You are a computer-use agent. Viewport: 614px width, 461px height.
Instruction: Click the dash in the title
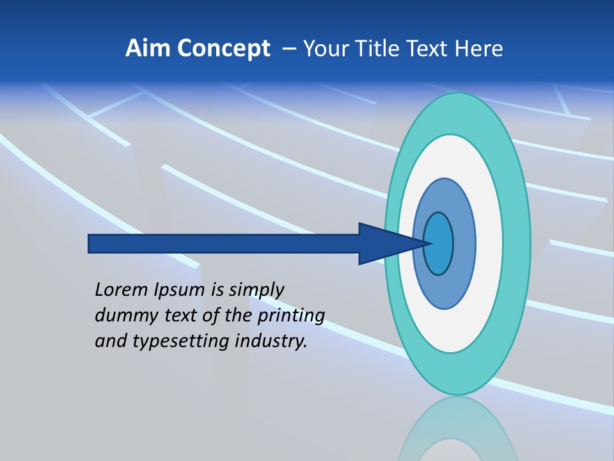click(289, 49)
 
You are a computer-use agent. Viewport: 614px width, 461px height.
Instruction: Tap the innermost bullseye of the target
click(439, 243)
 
